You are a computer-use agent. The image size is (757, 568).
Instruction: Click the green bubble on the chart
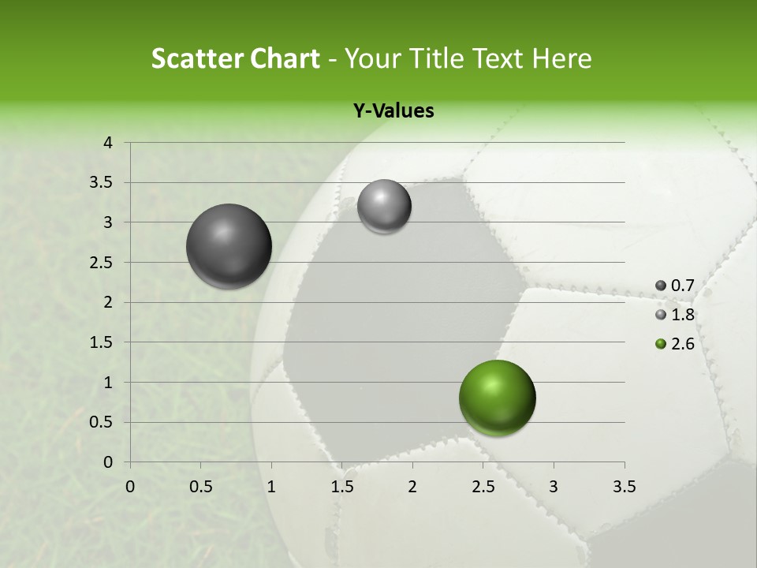coord(497,398)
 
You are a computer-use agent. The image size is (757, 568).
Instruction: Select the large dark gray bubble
coord(229,246)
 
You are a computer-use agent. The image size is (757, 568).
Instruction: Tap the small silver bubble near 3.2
coord(384,206)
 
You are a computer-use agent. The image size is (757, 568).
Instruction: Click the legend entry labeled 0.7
coord(675,286)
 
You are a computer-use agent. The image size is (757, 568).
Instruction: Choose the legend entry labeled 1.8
coord(675,315)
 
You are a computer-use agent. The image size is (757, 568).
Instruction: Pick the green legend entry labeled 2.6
coord(675,344)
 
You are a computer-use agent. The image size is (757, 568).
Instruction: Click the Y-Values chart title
coord(393,111)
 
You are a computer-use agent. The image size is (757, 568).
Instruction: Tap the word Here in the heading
coord(561,58)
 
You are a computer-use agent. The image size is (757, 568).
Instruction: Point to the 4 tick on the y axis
coord(109,143)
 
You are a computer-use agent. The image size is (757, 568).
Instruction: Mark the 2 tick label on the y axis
coord(109,302)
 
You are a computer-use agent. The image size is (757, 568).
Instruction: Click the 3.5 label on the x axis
coord(624,487)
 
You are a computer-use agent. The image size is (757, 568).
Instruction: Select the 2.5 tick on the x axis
coord(483,487)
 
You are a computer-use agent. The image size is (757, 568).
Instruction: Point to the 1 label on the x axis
coord(271,487)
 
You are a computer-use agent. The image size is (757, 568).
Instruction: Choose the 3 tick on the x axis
coord(554,487)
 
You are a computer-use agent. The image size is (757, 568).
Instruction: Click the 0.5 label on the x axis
coord(201,487)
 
